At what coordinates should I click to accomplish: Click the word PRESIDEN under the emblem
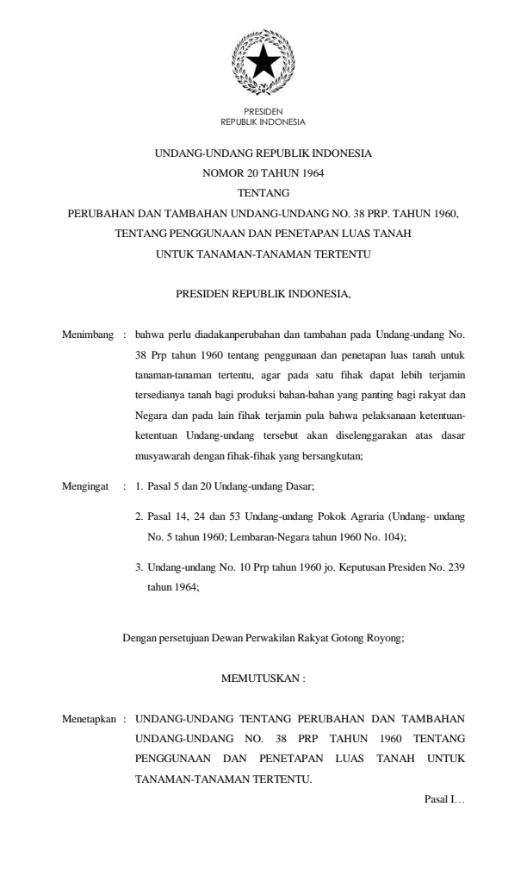coord(263,113)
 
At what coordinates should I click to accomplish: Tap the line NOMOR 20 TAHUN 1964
coord(263,172)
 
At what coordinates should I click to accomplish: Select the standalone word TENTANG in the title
coord(263,192)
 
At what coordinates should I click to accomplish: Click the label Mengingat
coord(87,487)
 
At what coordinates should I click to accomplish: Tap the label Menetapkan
coord(89,716)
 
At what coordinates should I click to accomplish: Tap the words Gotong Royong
coord(371,639)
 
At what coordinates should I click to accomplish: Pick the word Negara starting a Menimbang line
coord(152,416)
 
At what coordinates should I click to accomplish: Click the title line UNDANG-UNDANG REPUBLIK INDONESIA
coord(263,153)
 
